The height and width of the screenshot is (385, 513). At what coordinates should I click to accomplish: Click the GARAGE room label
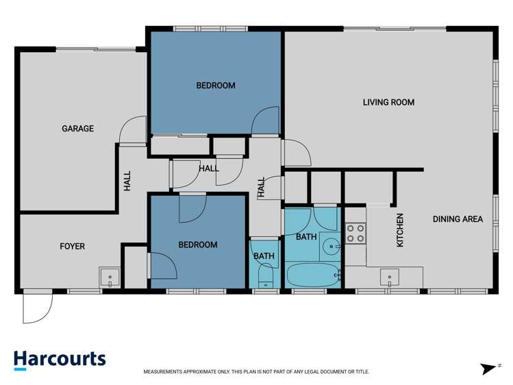[77, 129]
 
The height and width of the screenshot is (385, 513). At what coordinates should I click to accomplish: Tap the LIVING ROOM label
[388, 103]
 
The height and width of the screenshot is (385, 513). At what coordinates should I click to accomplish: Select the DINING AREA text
[458, 220]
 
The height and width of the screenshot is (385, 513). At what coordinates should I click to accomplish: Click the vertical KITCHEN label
[401, 230]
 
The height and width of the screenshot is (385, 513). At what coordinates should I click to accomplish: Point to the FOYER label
[72, 246]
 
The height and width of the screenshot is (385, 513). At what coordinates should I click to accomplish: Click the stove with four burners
[355, 233]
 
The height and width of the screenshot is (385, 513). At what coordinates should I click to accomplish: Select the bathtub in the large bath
[312, 277]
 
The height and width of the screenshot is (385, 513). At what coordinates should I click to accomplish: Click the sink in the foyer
[110, 277]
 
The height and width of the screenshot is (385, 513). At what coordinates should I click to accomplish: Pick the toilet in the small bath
[266, 277]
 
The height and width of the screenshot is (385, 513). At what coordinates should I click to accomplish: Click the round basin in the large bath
[330, 243]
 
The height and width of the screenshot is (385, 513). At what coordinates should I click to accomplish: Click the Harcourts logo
[60, 360]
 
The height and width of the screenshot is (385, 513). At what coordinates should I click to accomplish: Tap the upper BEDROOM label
[216, 86]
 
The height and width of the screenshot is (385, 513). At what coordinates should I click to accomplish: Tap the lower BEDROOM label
[198, 245]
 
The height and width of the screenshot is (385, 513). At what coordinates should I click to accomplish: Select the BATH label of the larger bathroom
[306, 237]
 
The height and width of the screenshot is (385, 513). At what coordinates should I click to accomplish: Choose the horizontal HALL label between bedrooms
[209, 169]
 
